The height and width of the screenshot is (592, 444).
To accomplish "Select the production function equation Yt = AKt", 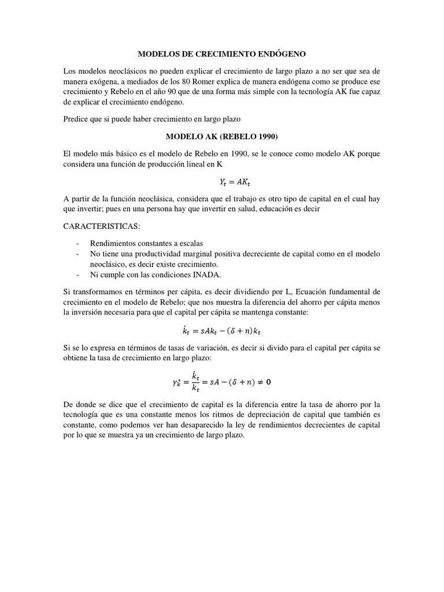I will point(221,182).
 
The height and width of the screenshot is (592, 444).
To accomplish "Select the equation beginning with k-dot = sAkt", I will point(221,330).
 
